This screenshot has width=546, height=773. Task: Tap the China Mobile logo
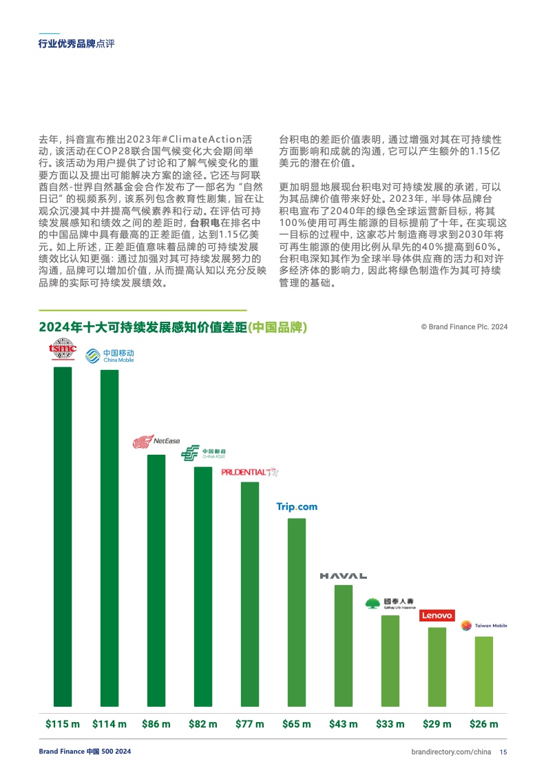click(x=109, y=355)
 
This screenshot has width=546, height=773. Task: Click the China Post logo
click(x=202, y=453)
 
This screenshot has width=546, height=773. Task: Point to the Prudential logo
click(x=250, y=472)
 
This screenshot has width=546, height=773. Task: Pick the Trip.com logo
click(x=297, y=507)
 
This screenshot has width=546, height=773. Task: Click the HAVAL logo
click(x=343, y=575)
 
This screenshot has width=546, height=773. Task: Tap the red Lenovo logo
click(x=437, y=615)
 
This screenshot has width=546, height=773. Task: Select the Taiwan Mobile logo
click(x=484, y=626)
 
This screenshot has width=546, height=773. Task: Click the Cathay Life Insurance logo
click(x=390, y=604)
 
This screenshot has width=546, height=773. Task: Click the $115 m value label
click(x=63, y=724)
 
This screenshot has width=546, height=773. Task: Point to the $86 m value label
click(x=156, y=724)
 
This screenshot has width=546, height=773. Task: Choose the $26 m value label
click(x=484, y=724)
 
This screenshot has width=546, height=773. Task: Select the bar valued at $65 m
click(x=297, y=613)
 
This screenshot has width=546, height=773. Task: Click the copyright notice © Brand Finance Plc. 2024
click(x=464, y=327)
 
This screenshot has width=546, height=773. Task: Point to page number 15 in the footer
click(x=503, y=752)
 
